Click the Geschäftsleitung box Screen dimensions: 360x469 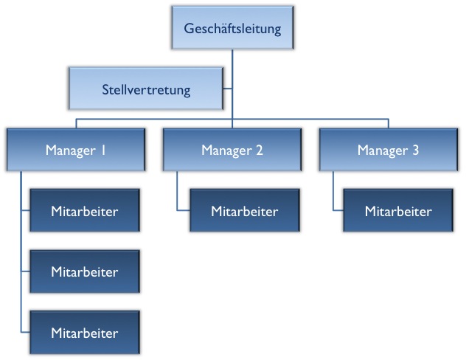tap(233, 29)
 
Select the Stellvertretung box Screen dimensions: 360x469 tap(145, 90)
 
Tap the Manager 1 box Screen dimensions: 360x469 tap(77, 150)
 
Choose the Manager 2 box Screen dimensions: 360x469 tap(232, 150)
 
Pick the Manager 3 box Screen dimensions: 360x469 tap(388, 150)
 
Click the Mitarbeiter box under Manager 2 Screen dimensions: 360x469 tap(245, 211)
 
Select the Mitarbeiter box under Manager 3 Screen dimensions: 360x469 tap(398, 211)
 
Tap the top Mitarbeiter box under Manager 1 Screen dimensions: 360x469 tap(85, 211)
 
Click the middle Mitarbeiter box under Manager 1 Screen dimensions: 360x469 tap(85, 271)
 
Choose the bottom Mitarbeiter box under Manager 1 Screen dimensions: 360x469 tap(85, 333)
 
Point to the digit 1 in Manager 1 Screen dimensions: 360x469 tap(104, 150)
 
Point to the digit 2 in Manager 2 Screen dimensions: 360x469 tap(259, 150)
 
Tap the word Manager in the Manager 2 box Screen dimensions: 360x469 tap(226, 150)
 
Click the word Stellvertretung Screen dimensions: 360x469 tap(146, 91)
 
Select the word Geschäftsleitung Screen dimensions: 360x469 tap(233, 30)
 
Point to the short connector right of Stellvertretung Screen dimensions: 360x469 tap(228, 90)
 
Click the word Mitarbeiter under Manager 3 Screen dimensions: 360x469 tap(398, 212)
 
